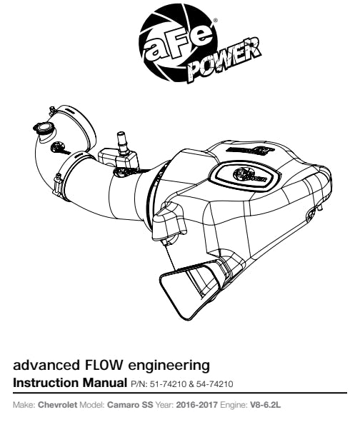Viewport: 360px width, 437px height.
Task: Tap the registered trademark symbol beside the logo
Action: pos(215,20)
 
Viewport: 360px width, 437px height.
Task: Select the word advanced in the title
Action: pos(46,365)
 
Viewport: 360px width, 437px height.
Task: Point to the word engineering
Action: pos(169,366)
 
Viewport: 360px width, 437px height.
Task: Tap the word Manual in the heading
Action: pos(104,383)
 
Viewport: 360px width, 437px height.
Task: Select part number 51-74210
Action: pos(168,384)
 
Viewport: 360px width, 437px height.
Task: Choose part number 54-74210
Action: pos(214,384)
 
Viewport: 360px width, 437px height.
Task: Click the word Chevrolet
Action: pos(57,405)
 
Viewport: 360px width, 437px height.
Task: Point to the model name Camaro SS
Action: pos(130,405)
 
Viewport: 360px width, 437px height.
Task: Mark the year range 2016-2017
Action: pos(196,405)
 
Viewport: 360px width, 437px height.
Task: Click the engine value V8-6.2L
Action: pos(265,405)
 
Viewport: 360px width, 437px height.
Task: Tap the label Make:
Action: pos(24,405)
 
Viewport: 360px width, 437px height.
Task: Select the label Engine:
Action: pos(234,405)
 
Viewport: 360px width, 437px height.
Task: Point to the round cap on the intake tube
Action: pos(44,128)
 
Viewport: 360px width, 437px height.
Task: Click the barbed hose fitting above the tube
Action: pos(121,142)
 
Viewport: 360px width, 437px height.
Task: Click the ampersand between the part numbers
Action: pos(191,384)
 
